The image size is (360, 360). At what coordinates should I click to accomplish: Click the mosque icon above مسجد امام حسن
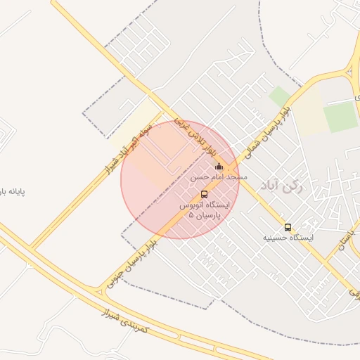pos(219,167)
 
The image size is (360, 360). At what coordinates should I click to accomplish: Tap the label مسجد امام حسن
pos(219,178)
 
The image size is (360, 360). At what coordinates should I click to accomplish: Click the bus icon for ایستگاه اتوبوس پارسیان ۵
pos(204,194)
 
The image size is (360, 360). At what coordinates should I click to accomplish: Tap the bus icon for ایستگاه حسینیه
pos(288,227)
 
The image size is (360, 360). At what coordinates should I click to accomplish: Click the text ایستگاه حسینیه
pos(288,238)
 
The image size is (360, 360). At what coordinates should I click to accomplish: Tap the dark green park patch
pos(341,117)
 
